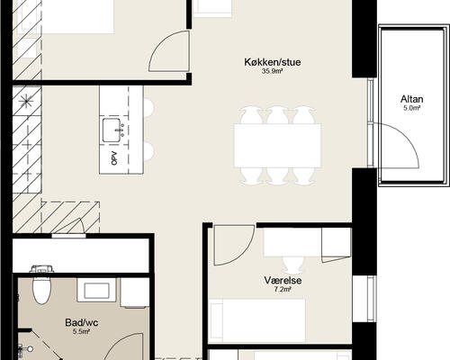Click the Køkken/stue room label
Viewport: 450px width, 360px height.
[273, 62]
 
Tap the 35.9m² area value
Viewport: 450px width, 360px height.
[273, 71]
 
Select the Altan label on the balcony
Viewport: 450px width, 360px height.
[411, 99]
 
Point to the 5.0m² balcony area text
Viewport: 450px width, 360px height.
[411, 108]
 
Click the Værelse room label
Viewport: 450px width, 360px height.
[283, 281]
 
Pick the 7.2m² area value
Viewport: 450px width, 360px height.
[283, 290]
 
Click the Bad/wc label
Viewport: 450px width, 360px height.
[82, 323]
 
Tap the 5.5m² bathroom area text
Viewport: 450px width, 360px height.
[82, 331]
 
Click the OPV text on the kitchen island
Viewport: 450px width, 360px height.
[114, 157]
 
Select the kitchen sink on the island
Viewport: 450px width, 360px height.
[112, 130]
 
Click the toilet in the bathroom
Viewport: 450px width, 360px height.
[41, 285]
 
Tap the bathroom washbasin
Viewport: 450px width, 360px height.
[96, 290]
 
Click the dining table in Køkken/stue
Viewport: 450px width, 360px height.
[277, 146]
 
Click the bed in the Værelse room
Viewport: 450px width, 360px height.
[257, 320]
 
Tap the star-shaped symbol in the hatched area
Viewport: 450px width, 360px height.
[26, 102]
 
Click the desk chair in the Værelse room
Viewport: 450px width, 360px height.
[292, 265]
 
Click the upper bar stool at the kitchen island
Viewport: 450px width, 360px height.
[149, 107]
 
